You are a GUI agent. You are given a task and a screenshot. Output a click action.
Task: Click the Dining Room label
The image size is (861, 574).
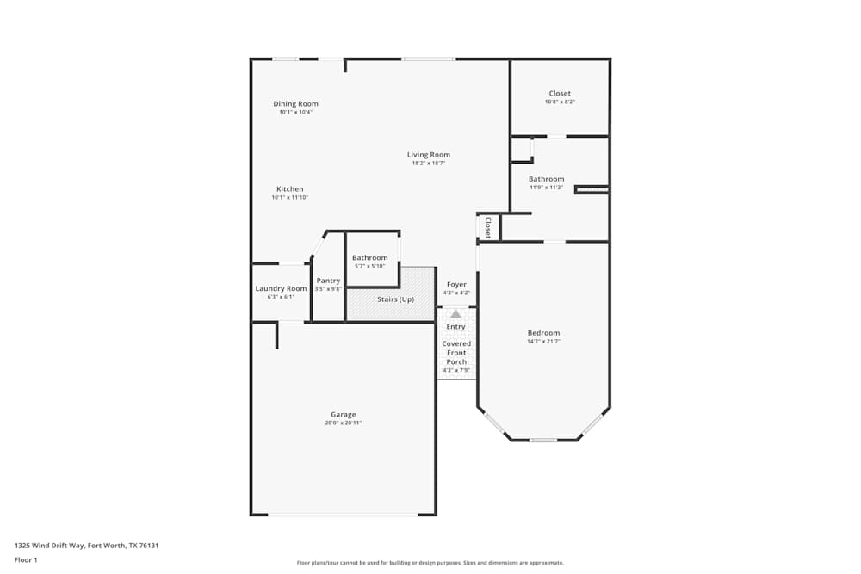(295, 104)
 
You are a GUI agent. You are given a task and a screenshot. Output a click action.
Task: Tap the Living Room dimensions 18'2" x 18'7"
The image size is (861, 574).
(429, 163)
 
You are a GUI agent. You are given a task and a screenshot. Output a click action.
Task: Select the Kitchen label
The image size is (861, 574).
(289, 189)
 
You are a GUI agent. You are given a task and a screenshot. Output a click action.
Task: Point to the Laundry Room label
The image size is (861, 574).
(281, 288)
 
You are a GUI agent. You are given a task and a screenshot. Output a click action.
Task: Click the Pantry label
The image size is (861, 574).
(328, 281)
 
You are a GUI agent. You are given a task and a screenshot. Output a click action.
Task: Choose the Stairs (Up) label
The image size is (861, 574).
(395, 299)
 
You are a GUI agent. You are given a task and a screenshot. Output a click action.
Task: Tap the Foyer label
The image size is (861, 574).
(455, 285)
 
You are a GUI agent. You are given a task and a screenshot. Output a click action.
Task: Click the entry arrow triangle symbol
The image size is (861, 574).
(455, 314)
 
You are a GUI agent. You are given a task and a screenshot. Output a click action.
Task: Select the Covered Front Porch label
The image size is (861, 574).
(456, 353)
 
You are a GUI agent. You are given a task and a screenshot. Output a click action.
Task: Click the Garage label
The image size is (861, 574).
(343, 415)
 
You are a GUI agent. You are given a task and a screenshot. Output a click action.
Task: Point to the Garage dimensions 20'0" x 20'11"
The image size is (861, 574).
(343, 423)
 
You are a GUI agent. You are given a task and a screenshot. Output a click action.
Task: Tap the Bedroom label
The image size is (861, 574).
(543, 333)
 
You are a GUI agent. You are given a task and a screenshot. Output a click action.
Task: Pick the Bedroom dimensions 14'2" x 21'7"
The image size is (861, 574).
(543, 341)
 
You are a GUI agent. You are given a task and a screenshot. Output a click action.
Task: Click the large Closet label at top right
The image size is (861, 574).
(560, 94)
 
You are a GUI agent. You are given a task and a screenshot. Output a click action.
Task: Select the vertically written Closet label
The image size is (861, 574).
(487, 227)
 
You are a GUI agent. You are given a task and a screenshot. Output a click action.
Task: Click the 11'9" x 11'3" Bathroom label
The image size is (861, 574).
(546, 180)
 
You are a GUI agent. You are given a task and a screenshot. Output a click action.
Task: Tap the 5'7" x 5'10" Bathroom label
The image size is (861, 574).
(369, 258)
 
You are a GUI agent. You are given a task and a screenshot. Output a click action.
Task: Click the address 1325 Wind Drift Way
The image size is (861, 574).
(86, 546)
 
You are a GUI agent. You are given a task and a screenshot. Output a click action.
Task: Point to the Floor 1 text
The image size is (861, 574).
(26, 560)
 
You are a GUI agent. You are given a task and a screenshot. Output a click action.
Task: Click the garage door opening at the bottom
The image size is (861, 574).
(343, 515)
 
